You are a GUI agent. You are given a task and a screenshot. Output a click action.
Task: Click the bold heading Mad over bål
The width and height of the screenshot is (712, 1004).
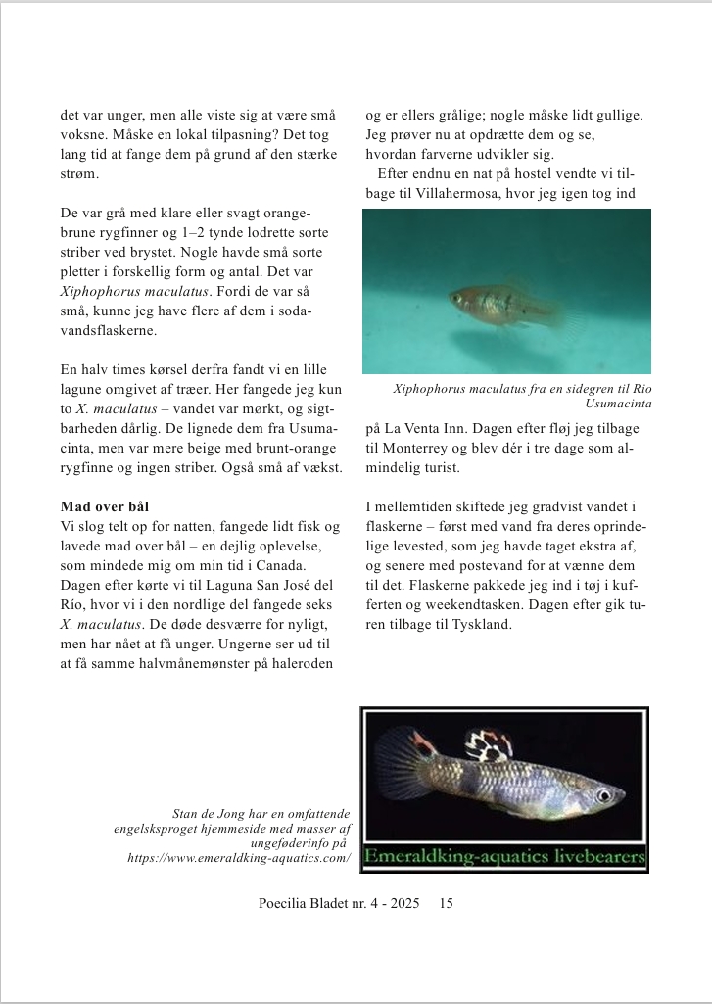104,506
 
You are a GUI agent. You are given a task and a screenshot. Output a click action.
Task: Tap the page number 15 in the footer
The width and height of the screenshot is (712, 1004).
447,903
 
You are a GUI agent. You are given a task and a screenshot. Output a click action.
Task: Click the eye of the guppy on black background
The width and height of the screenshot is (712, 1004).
605,795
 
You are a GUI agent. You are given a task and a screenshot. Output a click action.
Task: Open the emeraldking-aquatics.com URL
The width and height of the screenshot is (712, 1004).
239,858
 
